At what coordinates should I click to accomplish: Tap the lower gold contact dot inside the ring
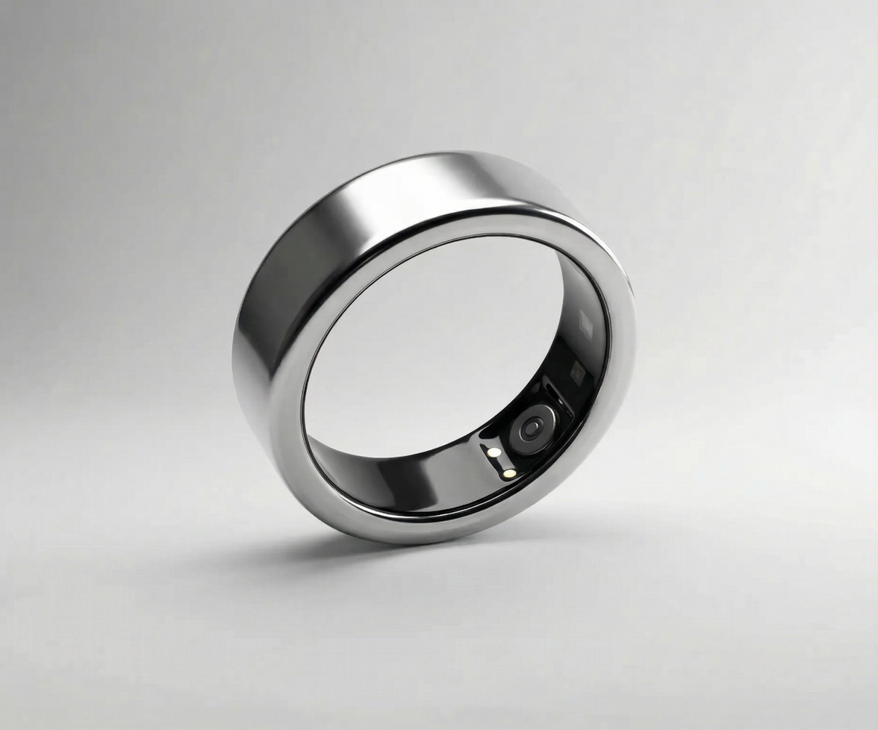tap(508, 472)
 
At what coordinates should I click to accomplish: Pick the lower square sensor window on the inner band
tap(577, 371)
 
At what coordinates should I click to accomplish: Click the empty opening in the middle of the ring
tap(433, 343)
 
